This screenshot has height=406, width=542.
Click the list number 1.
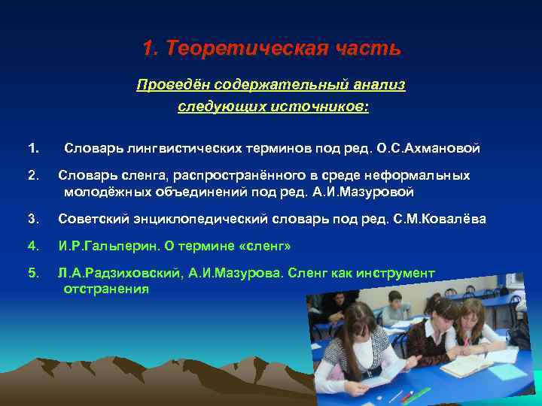(x=32, y=148)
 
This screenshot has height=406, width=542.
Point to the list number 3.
(x=32, y=220)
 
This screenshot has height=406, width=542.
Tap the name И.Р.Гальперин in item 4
(x=99, y=246)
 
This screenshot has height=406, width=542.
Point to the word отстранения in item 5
(x=106, y=288)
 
